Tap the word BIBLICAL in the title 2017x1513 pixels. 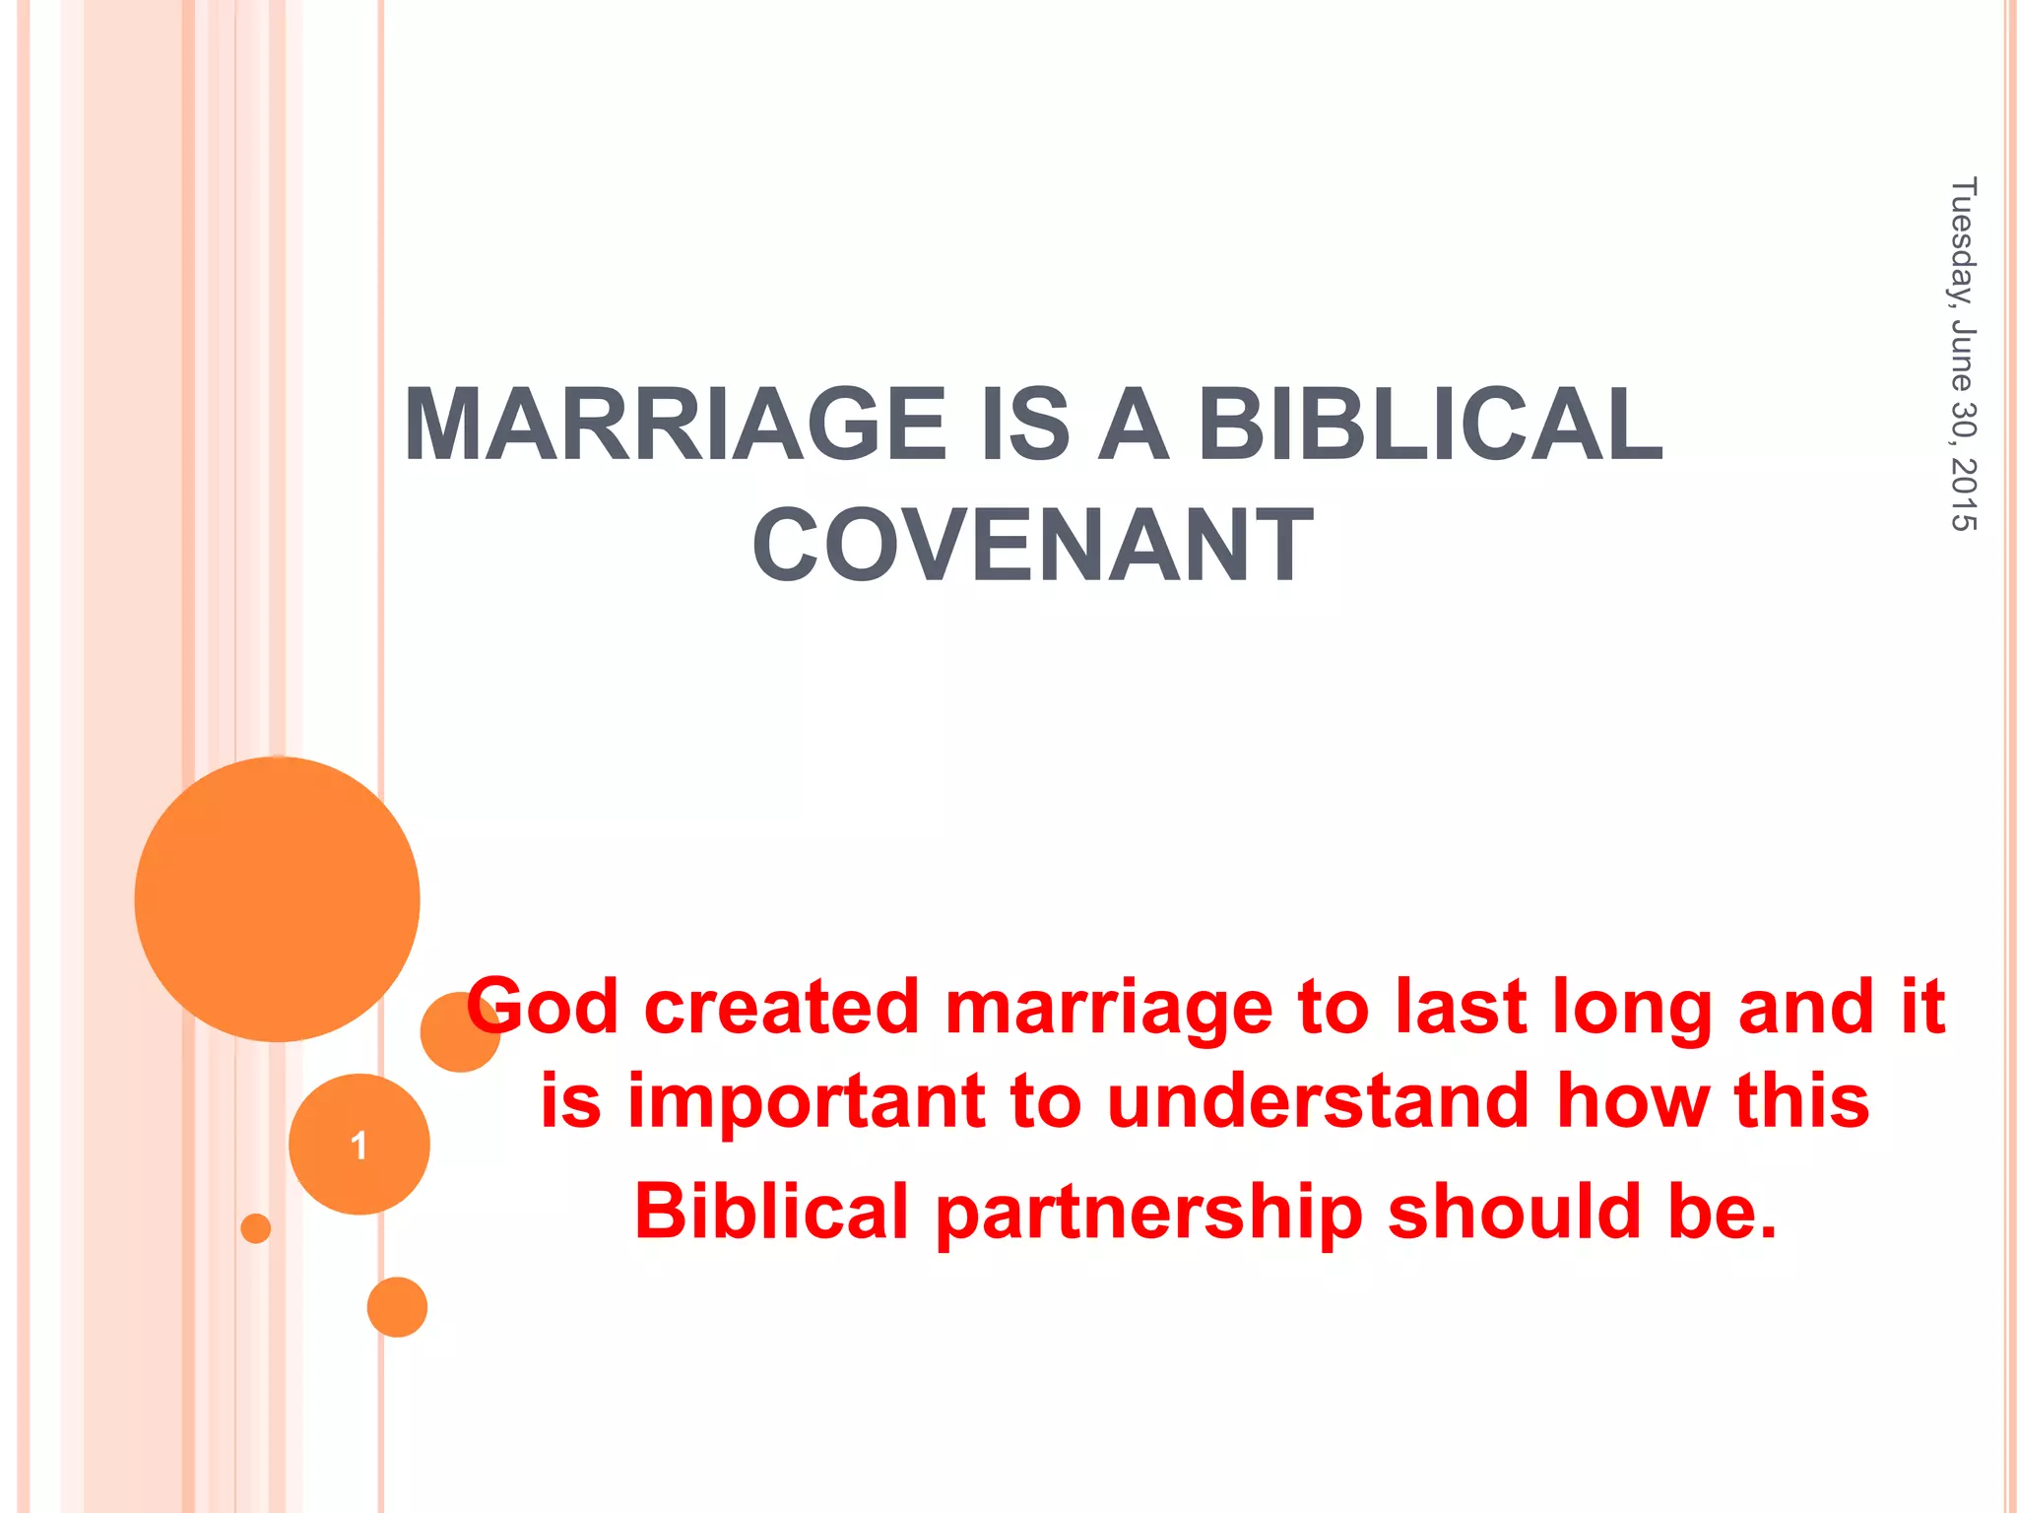click(1429, 425)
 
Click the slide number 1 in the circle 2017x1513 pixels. click(358, 1145)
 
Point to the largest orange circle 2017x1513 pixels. click(277, 898)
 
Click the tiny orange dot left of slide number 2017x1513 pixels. click(256, 1228)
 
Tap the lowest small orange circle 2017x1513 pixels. click(397, 1307)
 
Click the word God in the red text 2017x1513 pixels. click(544, 1007)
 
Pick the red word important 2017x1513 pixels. click(806, 1101)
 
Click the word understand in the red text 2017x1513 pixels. click(1318, 1101)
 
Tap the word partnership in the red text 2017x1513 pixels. click(1148, 1212)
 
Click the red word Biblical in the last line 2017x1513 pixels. click(771, 1212)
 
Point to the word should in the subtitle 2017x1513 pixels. click(1514, 1212)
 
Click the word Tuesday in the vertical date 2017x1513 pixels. click(1963, 241)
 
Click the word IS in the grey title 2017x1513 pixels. click(1024, 425)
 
